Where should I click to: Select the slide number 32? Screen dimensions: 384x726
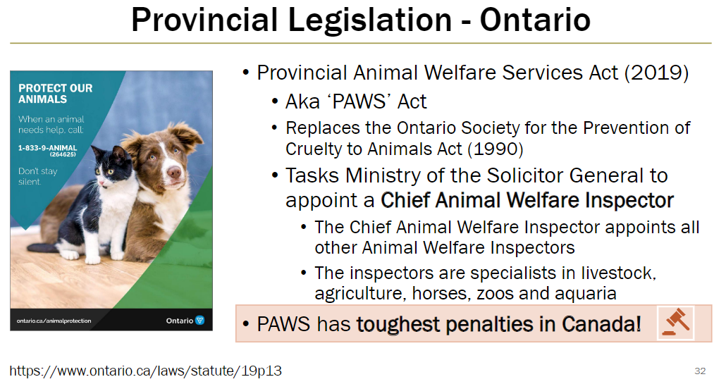[700, 371]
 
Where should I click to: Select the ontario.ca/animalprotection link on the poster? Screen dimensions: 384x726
[54, 321]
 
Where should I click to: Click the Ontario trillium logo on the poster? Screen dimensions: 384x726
[199, 321]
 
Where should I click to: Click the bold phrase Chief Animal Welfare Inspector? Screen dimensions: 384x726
[527, 200]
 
